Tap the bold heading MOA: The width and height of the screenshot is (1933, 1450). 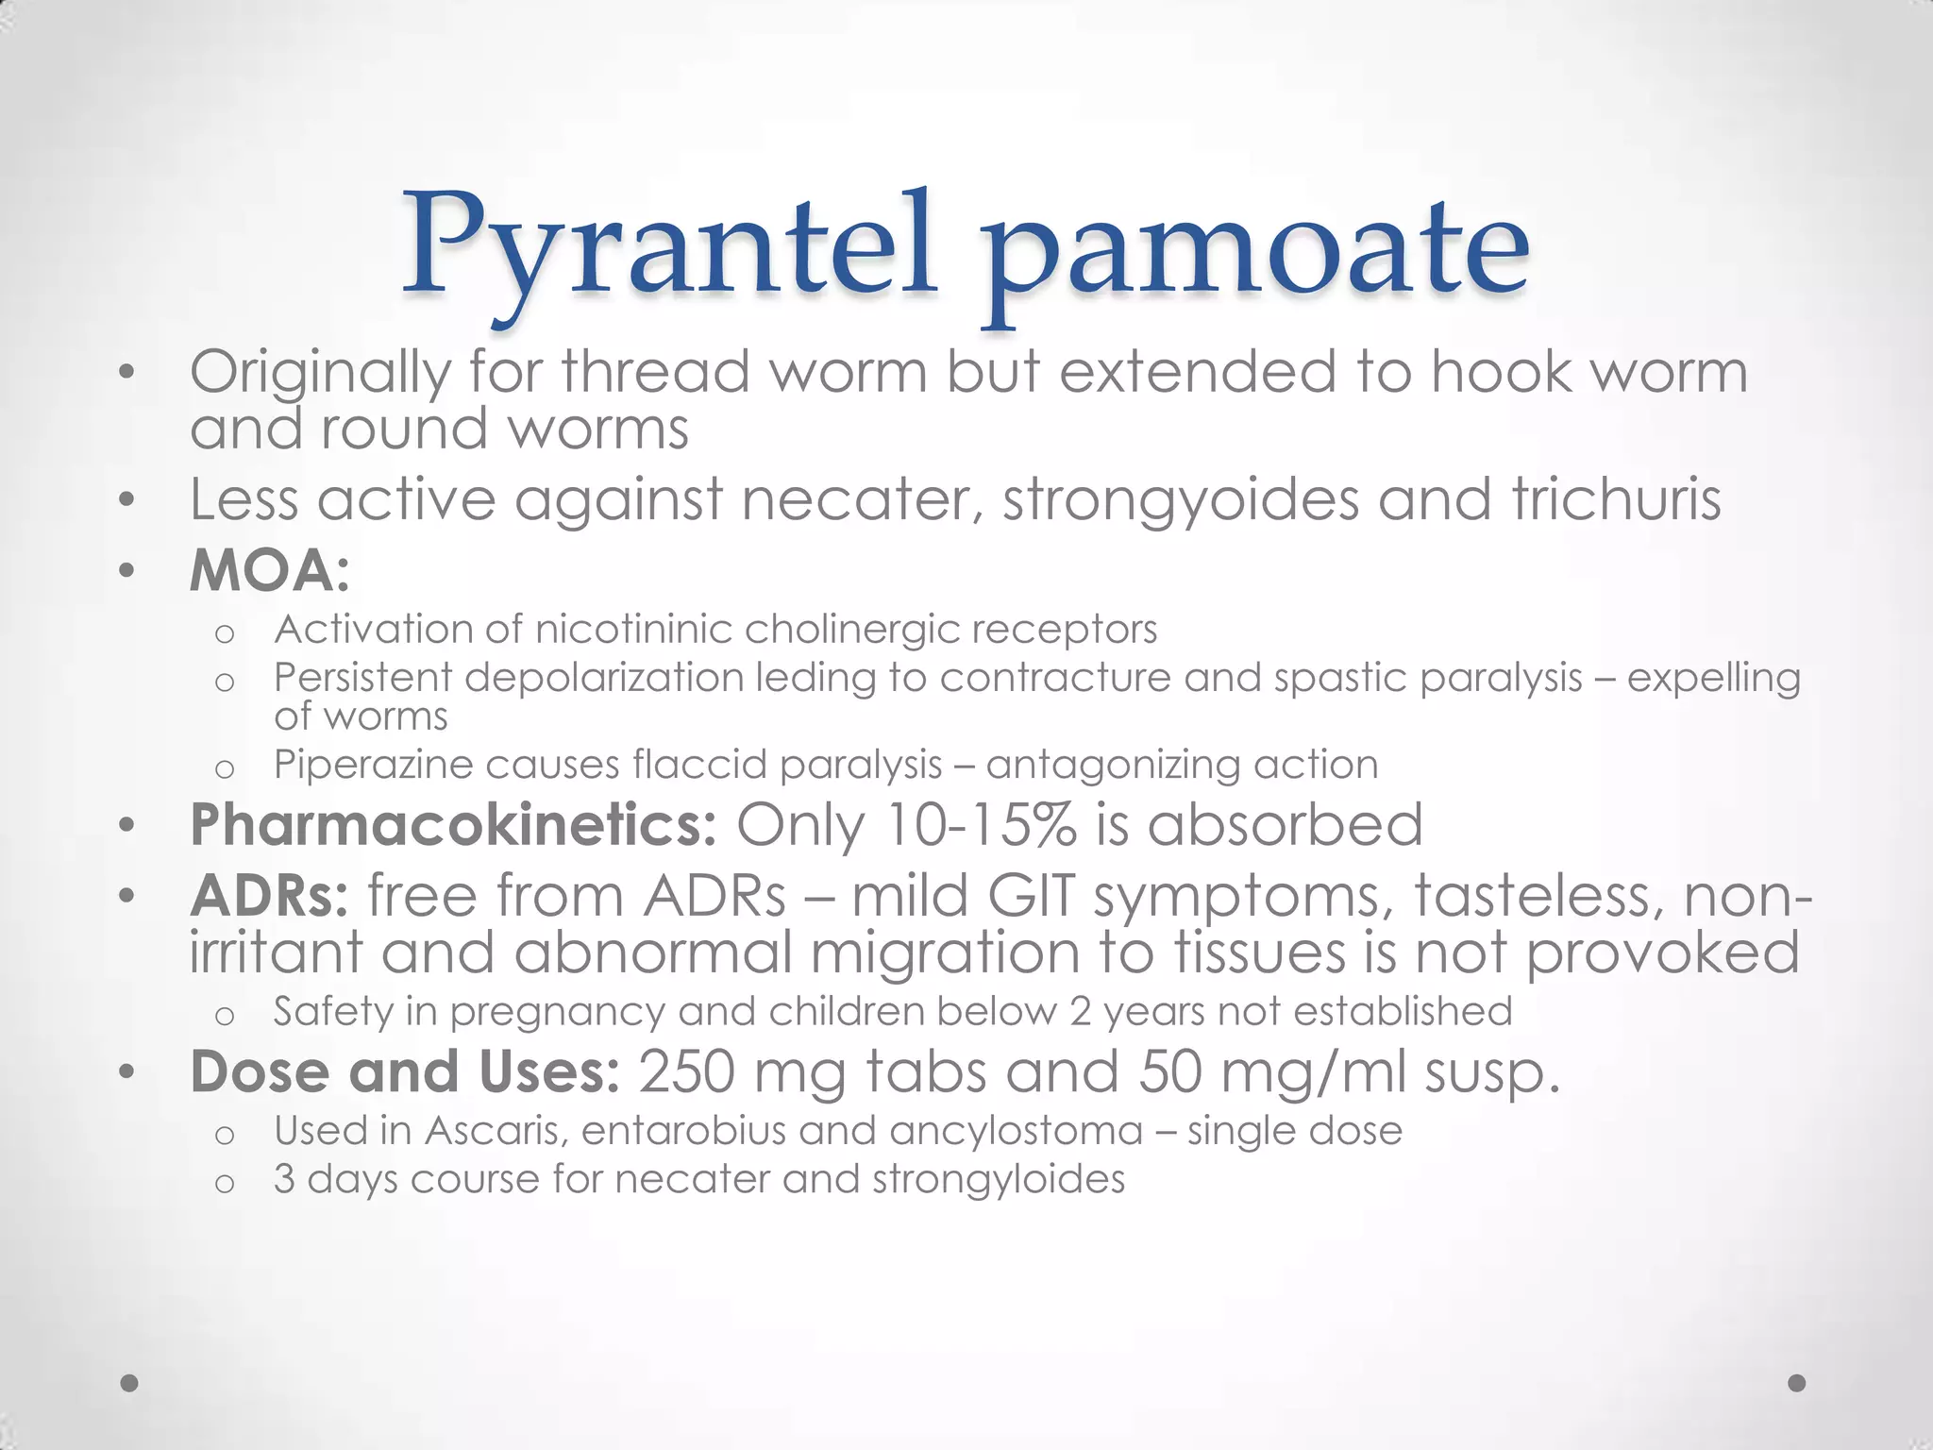click(x=270, y=571)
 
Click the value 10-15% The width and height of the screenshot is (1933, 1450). click(x=981, y=824)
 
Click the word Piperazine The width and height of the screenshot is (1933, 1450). click(x=373, y=765)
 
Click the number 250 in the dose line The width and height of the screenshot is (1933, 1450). click(x=686, y=1072)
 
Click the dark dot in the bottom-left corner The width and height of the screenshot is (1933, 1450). click(x=130, y=1383)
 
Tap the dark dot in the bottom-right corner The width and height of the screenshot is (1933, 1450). click(x=1797, y=1383)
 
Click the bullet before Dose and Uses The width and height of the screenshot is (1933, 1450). click(x=128, y=1072)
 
